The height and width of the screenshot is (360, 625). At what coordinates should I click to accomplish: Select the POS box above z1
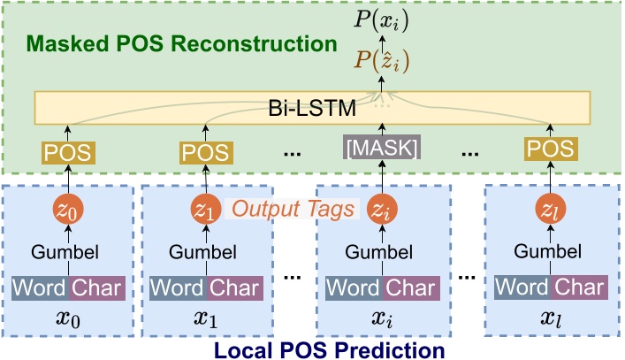[203, 151]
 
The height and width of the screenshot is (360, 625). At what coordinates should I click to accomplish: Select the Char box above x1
[234, 287]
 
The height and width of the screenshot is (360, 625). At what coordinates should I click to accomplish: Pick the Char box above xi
[411, 287]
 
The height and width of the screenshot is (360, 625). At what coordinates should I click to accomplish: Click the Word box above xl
[522, 287]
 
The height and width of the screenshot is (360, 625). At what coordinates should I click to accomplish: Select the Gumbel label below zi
[380, 252]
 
